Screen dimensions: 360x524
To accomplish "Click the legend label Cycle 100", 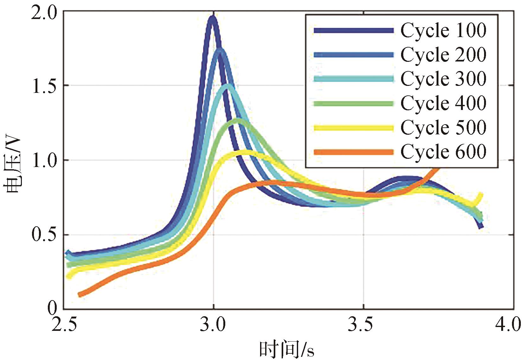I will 443,30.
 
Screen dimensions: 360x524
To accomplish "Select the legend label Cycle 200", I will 443,55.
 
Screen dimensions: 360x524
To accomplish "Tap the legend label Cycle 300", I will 443,79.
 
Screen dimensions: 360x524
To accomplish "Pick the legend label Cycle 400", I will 443,103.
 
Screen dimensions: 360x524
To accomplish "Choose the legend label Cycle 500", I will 443,128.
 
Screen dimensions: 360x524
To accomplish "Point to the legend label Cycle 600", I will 443,152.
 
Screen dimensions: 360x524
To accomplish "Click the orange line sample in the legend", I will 354,152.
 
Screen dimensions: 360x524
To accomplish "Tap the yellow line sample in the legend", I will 354,128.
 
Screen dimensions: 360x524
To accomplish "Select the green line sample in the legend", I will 354,104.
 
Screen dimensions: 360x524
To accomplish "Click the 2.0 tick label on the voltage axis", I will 44,14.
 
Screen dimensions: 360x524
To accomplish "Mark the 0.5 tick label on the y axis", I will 44,235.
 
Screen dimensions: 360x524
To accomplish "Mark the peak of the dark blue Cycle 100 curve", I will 212,18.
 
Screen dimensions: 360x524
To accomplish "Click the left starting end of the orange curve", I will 80,294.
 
